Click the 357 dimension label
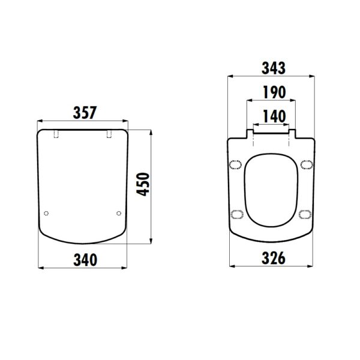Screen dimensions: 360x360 85,113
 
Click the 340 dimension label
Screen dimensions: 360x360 85,260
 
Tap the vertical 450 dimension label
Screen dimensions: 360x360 143,184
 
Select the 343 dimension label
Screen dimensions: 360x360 274,68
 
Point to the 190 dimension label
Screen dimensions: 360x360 274,92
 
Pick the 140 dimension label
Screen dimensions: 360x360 274,116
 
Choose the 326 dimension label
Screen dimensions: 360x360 274,258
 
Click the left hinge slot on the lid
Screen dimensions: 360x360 56,134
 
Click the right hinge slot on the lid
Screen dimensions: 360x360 109,134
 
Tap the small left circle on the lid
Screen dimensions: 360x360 46,214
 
